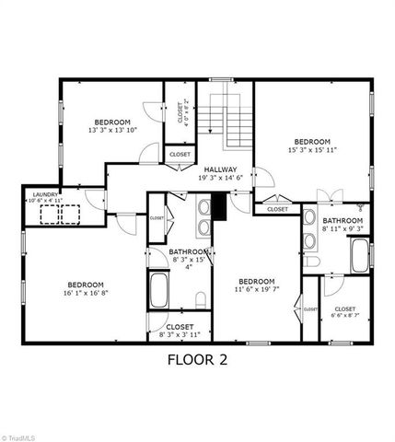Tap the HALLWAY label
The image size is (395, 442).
coord(221,169)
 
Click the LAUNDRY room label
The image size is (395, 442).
coord(45,193)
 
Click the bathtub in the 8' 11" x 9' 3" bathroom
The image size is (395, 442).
coord(359,255)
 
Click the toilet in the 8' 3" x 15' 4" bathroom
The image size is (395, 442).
coord(201,299)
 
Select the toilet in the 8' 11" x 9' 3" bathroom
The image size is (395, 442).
coord(312,262)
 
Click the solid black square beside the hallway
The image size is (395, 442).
coord(221,209)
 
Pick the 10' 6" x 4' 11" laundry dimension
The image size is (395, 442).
coord(45,200)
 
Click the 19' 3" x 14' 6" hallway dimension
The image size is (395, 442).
coord(221,178)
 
